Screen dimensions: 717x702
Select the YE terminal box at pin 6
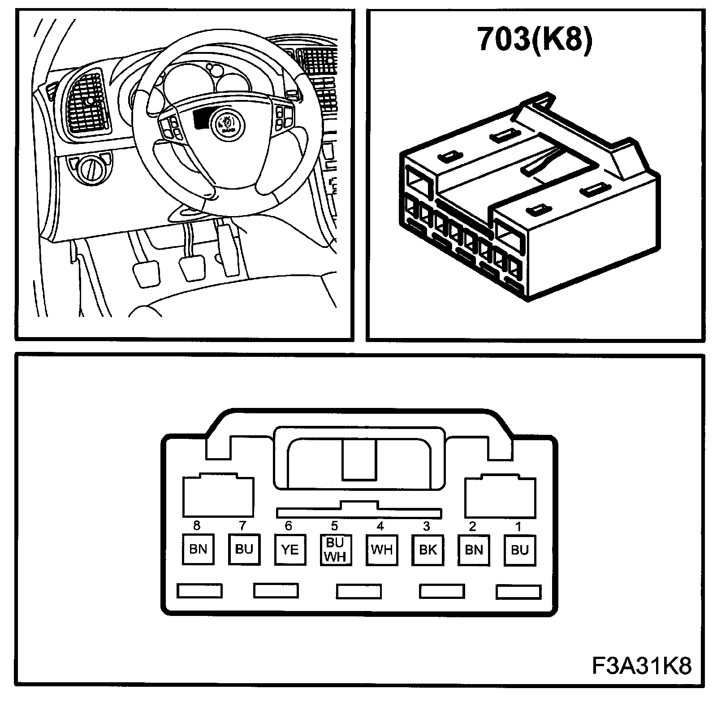pyautogui.click(x=290, y=550)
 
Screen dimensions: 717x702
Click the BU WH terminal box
pyautogui.click(x=336, y=550)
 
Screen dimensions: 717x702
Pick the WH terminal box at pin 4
pyautogui.click(x=382, y=550)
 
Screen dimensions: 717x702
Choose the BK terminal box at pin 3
pyautogui.click(x=428, y=550)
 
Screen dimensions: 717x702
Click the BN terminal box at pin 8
pyautogui.click(x=198, y=550)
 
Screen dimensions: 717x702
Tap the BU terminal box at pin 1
pyautogui.click(x=520, y=550)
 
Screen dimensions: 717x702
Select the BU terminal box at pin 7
pyautogui.click(x=244, y=550)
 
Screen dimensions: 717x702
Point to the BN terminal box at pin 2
pyautogui.click(x=474, y=550)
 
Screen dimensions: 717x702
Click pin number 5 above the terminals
pyautogui.click(x=334, y=526)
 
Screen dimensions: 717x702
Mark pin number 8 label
pyautogui.click(x=196, y=526)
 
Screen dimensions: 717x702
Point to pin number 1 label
pyautogui.click(x=518, y=526)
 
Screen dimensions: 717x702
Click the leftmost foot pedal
pyautogui.click(x=146, y=273)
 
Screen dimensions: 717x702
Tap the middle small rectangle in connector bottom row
pyautogui.click(x=359, y=591)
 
